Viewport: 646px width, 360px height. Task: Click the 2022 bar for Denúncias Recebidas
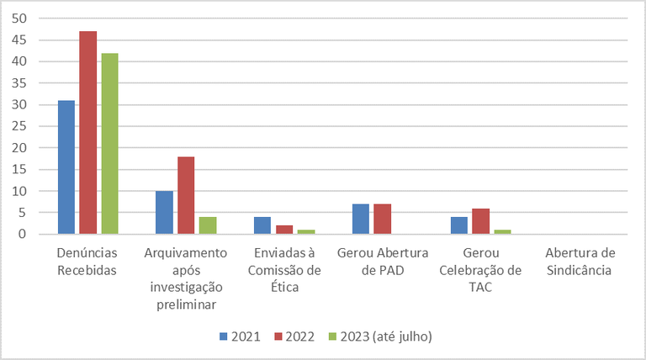point(87,133)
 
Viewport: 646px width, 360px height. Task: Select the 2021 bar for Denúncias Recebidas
point(66,167)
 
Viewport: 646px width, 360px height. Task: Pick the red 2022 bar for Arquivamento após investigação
point(186,195)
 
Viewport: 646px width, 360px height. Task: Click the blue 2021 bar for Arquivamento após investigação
point(165,213)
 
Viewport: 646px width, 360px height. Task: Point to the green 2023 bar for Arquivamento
point(207,225)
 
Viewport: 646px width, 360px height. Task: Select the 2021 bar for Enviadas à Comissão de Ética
point(263,225)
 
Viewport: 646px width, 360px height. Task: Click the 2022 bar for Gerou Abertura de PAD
point(382,219)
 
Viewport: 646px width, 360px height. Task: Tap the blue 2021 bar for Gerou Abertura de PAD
point(361,219)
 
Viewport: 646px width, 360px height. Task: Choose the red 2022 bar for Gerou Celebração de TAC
point(480,221)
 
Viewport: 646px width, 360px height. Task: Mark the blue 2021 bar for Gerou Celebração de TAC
point(459,225)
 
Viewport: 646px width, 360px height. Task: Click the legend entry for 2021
point(240,336)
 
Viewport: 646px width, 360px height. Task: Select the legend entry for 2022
point(294,336)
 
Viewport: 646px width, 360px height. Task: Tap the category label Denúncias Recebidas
point(87,261)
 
